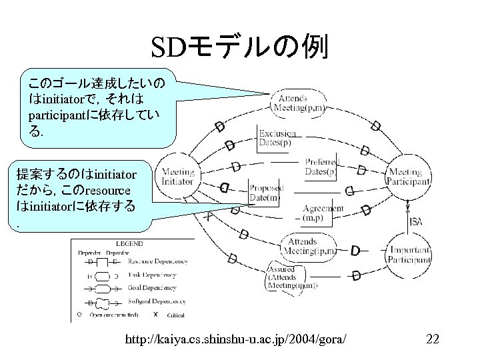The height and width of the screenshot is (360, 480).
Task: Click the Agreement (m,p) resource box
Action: tap(323, 213)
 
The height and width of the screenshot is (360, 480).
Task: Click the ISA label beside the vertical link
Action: tap(415, 221)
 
